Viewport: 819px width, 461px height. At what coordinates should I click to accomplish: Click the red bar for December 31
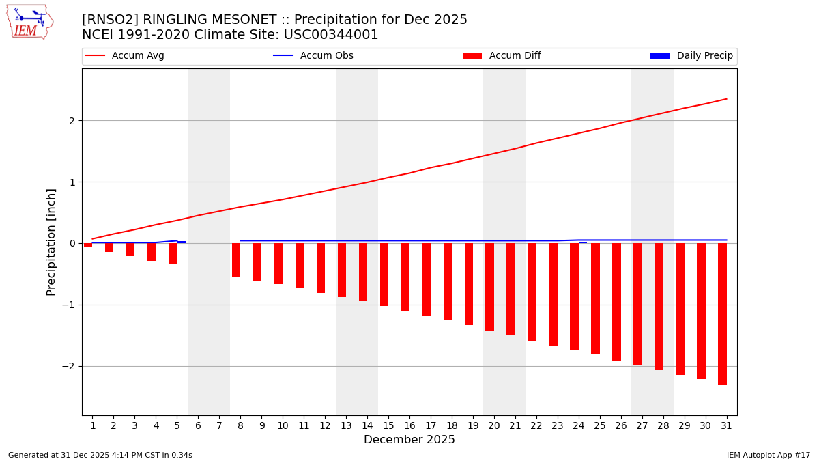click(x=722, y=313)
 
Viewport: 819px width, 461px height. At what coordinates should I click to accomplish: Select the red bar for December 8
click(x=236, y=260)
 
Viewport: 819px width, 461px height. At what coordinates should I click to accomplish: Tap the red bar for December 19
click(x=469, y=284)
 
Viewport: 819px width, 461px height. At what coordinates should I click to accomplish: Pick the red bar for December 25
click(x=595, y=298)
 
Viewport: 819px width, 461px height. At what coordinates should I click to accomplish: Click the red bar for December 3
click(x=130, y=250)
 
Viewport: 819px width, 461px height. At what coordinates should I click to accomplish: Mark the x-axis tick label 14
click(x=367, y=425)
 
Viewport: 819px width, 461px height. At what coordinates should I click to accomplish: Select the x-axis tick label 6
click(x=198, y=425)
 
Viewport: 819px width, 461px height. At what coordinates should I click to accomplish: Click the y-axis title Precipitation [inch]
click(x=52, y=242)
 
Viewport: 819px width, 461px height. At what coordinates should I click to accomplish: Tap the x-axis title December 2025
click(x=409, y=440)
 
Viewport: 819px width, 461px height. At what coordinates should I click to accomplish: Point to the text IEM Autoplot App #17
click(x=768, y=455)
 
